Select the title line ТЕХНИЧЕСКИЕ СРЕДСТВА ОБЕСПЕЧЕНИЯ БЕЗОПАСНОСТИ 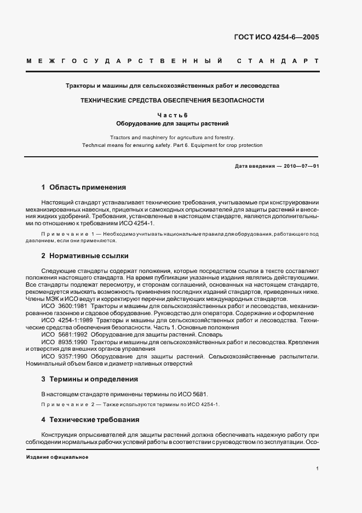pos(173,100)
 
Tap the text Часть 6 pos(173,115)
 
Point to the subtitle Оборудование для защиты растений pos(173,123)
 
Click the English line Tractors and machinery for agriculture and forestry pos(172,137)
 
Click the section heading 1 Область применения pos(84,187)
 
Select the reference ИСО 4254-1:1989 pos(68,320)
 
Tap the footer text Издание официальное pos(57,457)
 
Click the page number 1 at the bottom pos(318,469)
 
